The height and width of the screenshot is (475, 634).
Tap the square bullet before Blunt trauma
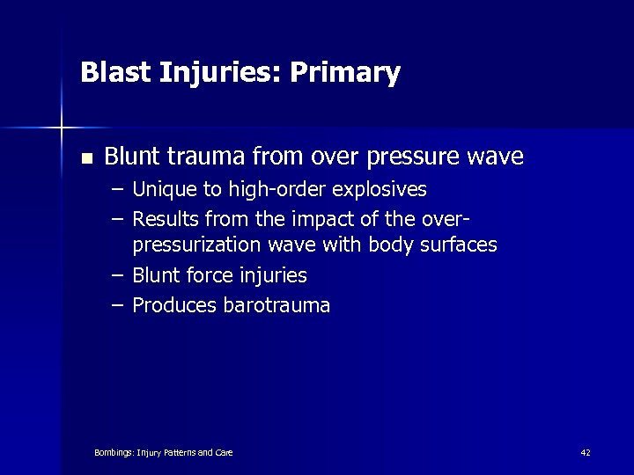tap(85, 159)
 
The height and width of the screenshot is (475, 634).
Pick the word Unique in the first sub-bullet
tap(161, 190)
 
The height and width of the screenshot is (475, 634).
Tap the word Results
tap(165, 218)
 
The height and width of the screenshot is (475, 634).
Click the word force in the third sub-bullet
tap(210, 275)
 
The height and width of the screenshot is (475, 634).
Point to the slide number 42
tap(586, 452)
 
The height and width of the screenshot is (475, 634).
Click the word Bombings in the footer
tap(113, 452)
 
